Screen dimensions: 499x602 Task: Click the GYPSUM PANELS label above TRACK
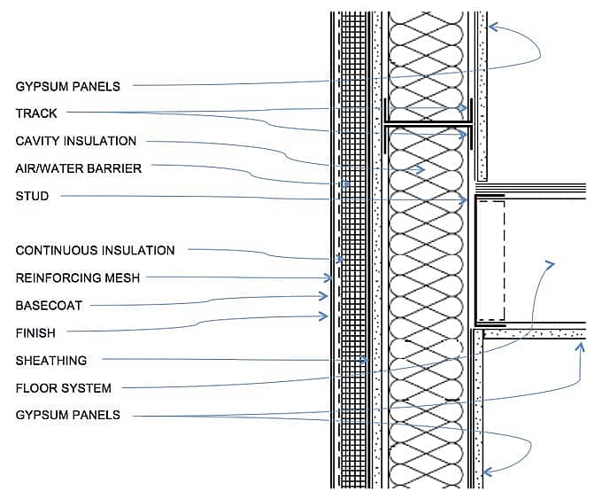(67, 86)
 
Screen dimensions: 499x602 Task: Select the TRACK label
(36, 113)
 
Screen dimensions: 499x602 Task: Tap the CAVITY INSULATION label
(76, 141)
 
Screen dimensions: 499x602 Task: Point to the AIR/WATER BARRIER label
(79, 168)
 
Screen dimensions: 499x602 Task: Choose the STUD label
(32, 196)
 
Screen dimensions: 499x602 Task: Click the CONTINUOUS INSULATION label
(95, 251)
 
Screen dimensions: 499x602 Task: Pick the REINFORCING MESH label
(77, 278)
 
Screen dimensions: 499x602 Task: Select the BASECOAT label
(49, 306)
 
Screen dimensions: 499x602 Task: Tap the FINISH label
(35, 333)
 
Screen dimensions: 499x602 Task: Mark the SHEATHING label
(50, 361)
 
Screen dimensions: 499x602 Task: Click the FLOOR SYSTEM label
(64, 388)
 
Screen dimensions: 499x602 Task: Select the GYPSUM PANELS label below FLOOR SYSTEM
(67, 415)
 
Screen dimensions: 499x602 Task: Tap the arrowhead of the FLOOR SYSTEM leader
(551, 263)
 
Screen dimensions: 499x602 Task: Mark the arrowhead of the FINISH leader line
(325, 315)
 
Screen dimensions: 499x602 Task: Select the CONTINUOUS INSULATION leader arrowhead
(339, 260)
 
